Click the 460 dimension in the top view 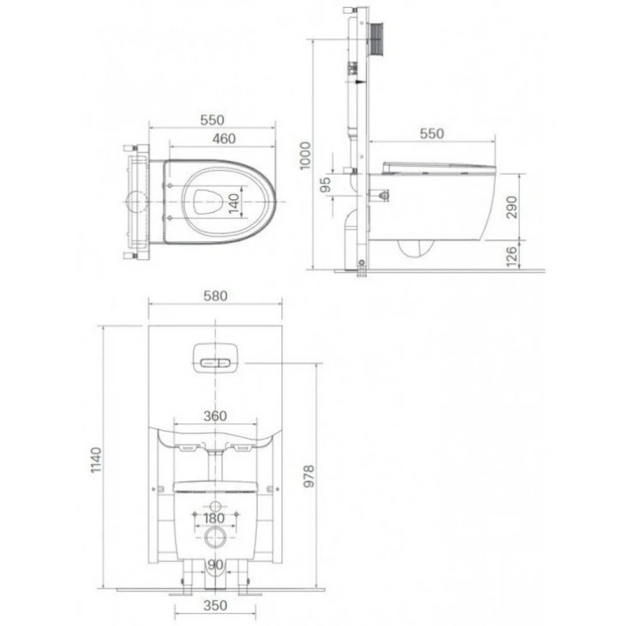pos(224,138)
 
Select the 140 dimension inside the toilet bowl pos(234,203)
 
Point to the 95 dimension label pos(325,184)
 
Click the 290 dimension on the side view pos(512,207)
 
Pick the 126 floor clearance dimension pos(512,254)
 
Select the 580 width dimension pos(215,296)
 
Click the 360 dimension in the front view pos(215,416)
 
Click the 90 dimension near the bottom pos(215,565)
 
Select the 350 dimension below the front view pos(215,605)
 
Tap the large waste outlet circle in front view pos(215,538)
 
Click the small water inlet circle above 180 pos(215,507)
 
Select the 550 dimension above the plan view pos(212,120)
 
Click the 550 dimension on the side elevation pos(432,133)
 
